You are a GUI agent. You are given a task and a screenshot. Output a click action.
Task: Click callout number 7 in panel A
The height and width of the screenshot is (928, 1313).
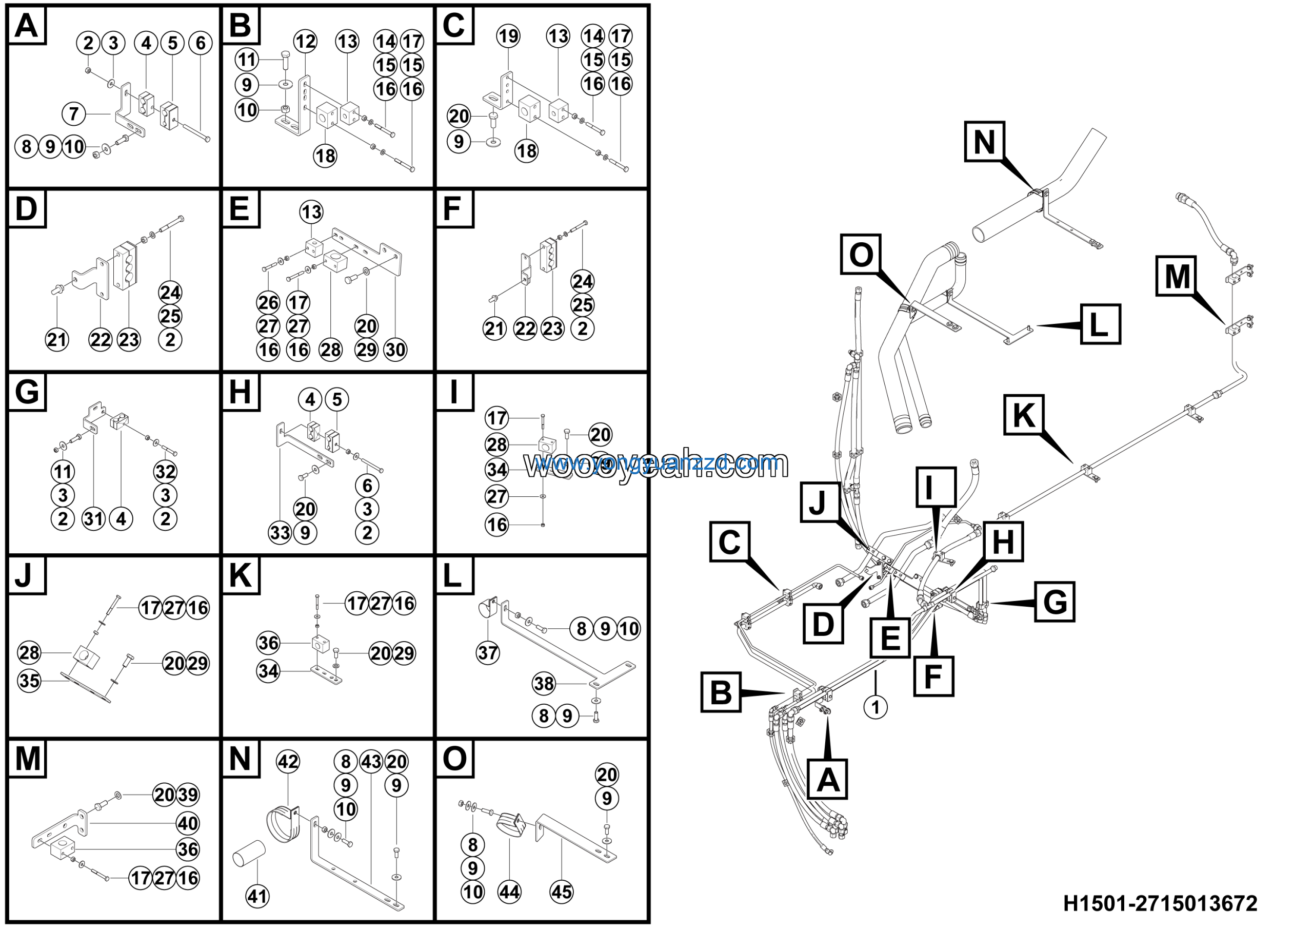coord(73,114)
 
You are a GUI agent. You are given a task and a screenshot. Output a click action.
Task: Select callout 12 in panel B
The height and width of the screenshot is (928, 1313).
coord(305,41)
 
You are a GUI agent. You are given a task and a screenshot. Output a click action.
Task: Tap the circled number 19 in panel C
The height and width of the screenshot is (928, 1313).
coord(508,36)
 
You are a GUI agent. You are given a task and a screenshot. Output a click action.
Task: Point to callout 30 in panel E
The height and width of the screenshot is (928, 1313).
coord(395,350)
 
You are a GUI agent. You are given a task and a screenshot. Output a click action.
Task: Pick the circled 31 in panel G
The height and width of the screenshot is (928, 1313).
coord(93,519)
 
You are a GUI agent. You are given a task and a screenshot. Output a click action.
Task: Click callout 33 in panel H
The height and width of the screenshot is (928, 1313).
coord(280,533)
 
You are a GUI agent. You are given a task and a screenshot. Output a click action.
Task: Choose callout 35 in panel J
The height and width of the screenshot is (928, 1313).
coord(29,681)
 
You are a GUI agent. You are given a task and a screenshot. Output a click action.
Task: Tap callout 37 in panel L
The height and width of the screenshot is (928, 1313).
coord(487,653)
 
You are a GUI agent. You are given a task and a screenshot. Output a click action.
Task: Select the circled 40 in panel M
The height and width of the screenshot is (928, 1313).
coord(188,824)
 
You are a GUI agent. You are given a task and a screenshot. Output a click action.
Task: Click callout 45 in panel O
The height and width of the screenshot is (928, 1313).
coord(561,892)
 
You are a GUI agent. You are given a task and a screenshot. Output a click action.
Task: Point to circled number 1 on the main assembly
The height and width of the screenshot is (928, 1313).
coord(875,707)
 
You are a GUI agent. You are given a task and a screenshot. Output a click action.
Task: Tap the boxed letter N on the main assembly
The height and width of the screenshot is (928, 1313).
coord(984,142)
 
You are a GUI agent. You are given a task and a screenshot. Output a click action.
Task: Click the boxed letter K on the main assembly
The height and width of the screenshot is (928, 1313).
coord(1024,415)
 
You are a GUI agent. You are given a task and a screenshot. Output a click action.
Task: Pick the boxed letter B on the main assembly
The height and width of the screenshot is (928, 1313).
coord(721,692)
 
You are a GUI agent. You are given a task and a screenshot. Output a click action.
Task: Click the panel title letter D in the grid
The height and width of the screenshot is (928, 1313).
coord(26,209)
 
